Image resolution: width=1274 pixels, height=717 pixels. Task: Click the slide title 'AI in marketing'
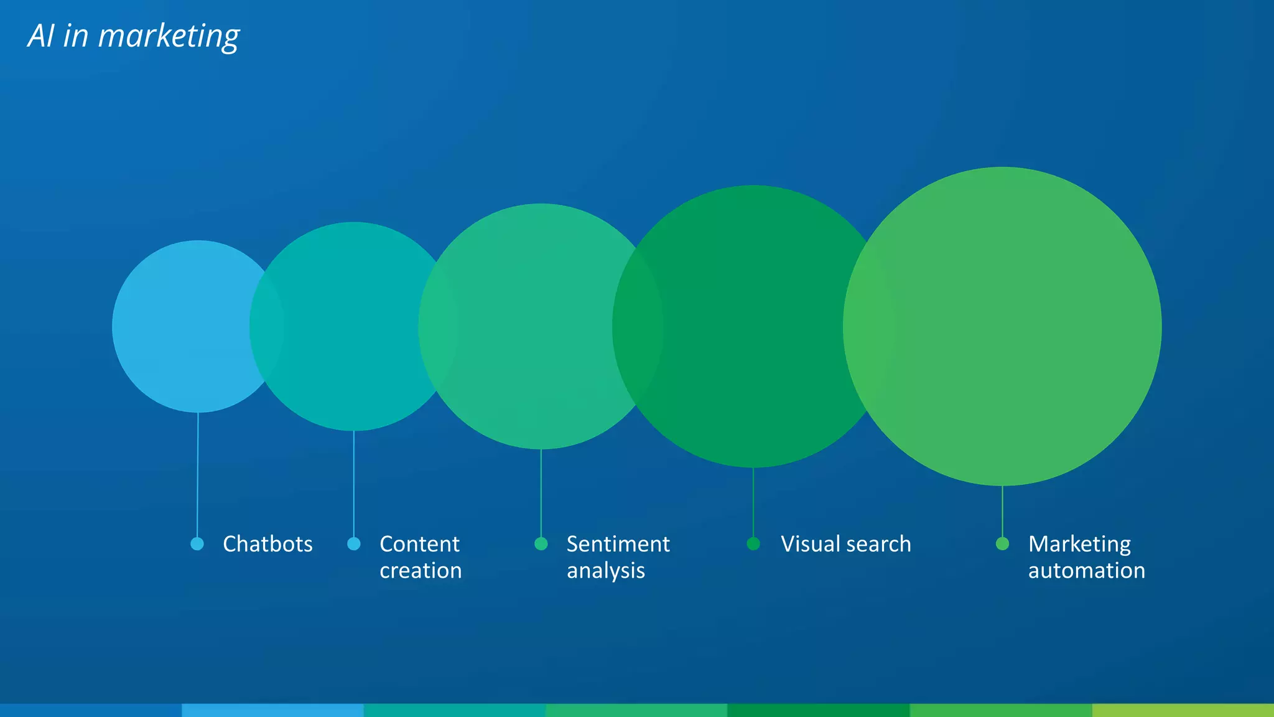(134, 36)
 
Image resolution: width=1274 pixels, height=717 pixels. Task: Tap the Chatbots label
(267, 544)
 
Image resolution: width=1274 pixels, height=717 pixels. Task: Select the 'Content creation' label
(421, 557)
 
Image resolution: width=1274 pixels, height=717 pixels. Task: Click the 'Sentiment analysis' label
(618, 557)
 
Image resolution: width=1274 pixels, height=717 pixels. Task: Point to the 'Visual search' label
(845, 544)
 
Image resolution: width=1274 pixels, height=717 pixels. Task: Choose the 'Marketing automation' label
(1086, 557)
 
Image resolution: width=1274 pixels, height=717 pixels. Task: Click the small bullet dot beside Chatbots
(197, 544)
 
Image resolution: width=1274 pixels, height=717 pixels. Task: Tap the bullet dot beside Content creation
(354, 544)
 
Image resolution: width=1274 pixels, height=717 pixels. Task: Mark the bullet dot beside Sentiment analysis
(541, 544)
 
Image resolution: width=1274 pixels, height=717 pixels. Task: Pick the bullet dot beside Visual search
(753, 544)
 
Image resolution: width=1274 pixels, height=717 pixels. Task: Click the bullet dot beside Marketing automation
(1002, 544)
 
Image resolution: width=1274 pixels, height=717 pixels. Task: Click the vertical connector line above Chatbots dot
(198, 473)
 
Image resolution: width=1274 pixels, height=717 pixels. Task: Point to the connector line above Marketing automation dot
(1002, 510)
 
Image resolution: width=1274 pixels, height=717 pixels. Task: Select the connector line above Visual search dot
(753, 501)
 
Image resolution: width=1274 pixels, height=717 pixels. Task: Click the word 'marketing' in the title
(169, 36)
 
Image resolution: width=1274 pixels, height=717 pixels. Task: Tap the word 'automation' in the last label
(1086, 571)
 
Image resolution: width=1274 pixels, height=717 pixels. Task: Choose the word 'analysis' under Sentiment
(605, 571)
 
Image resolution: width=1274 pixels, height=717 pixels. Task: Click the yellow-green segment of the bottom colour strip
(1183, 710)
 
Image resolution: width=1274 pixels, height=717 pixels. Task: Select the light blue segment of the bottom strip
(272, 710)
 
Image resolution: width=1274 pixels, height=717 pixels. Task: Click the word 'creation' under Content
(421, 571)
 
